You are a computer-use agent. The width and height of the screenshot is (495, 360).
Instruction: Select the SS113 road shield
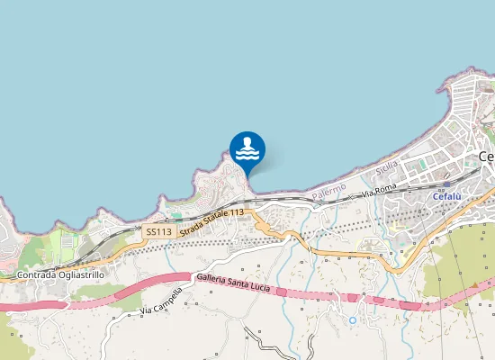[157, 231]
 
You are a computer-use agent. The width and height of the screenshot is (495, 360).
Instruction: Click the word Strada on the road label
[192, 229]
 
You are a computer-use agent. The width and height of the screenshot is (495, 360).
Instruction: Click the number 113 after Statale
[236, 212]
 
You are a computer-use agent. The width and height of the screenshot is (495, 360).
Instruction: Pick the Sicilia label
[387, 167]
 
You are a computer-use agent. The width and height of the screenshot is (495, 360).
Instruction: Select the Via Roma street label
[379, 191]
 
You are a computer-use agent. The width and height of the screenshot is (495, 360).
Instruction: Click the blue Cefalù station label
[446, 196]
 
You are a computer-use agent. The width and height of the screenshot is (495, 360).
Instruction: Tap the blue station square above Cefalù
[447, 184]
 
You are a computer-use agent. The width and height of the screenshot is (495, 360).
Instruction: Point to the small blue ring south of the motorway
[353, 319]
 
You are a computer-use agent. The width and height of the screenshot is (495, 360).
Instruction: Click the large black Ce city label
[486, 156]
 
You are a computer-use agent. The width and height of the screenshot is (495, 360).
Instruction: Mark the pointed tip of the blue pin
[247, 174]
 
